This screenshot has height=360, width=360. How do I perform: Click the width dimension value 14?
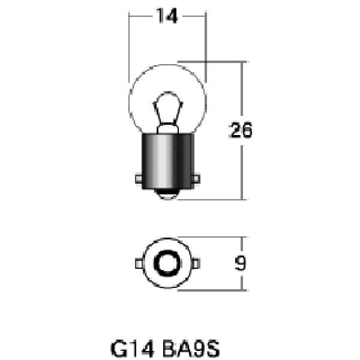(x=167, y=17)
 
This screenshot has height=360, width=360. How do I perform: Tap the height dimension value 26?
(x=241, y=130)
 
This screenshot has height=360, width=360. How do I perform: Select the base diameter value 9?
(x=240, y=263)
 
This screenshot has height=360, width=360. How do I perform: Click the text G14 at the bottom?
(x=131, y=348)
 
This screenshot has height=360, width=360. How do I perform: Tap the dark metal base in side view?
(x=167, y=159)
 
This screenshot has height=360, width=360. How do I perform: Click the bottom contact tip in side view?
(x=167, y=194)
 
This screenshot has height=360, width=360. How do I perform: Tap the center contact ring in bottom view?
(x=167, y=263)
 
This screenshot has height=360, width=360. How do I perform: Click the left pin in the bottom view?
(x=139, y=263)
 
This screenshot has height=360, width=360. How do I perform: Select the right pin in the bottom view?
(x=196, y=263)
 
